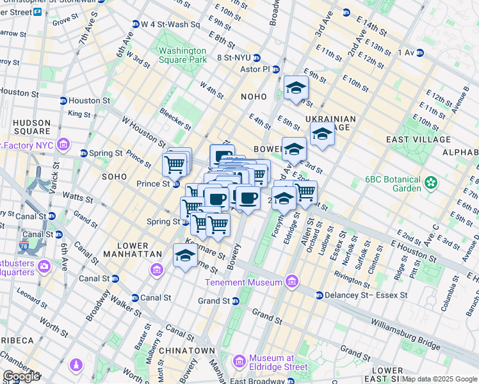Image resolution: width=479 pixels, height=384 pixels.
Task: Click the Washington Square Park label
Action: coord(183,55)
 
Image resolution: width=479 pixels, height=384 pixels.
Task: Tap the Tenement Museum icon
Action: coord(292,282)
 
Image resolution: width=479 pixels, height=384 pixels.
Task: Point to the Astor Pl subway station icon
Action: coord(276,69)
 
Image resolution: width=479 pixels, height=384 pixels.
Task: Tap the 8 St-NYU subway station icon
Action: coord(257,58)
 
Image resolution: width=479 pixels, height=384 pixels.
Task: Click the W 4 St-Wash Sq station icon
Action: coord(136,24)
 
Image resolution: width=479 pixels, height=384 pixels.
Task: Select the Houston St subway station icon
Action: coord(63,100)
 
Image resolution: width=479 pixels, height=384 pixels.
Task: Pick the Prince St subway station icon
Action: coord(176,184)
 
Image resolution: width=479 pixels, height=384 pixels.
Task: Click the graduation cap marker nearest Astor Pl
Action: coord(296,89)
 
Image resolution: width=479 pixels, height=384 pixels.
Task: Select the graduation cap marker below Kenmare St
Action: coord(186,256)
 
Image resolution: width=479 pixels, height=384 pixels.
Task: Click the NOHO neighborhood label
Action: coord(253,97)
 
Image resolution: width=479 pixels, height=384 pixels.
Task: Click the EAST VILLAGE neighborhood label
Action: coord(415,139)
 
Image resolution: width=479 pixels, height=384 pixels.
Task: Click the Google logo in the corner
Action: coord(22,376)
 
